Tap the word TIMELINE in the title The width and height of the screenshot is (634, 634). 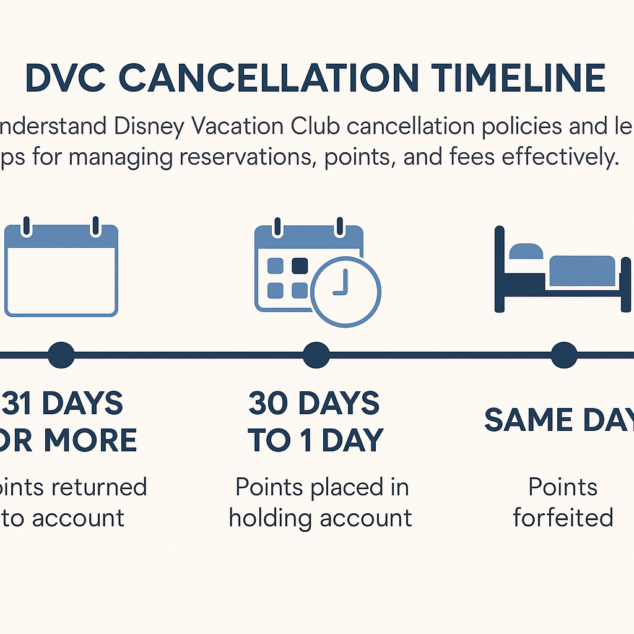click(x=519, y=79)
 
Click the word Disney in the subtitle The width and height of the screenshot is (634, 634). click(x=150, y=127)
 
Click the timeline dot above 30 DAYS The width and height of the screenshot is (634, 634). click(x=316, y=355)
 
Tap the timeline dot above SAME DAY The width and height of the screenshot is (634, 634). click(x=564, y=355)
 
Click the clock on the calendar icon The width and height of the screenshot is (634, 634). click(x=345, y=292)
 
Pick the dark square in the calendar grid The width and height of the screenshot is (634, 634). click(x=300, y=266)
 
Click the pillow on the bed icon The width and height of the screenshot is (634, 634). click(x=525, y=251)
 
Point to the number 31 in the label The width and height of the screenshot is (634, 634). click(x=21, y=404)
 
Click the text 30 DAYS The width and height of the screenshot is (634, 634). click(x=314, y=404)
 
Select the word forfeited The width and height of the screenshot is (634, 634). click(x=563, y=518)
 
